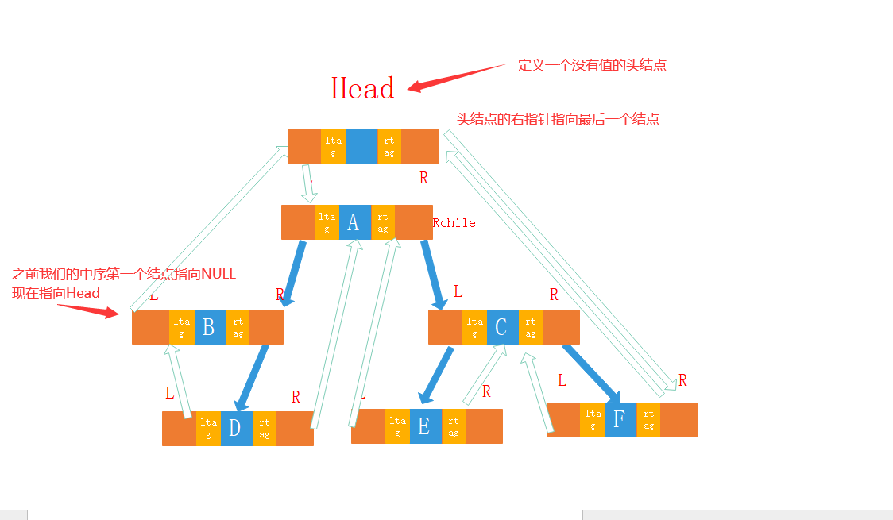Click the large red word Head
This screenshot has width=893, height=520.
362,88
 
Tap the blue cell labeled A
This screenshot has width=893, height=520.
354,222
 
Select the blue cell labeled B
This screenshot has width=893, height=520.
209,327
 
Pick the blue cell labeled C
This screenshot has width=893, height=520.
501,327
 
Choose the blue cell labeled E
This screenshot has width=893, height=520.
424,427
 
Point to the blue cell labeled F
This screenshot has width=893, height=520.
620,419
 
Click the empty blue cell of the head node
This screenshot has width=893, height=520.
361,146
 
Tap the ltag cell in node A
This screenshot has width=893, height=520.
327,222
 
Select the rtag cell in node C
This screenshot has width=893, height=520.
531,327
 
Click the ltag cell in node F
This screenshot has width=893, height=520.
593,419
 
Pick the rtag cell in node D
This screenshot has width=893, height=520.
265,429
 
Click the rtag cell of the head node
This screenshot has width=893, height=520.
389,146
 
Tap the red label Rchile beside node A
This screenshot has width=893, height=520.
454,223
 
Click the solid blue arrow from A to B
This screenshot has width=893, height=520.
294,272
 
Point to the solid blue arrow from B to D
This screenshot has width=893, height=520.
253,377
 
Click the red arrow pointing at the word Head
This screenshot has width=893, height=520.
457,75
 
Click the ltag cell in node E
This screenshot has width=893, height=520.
397,427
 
